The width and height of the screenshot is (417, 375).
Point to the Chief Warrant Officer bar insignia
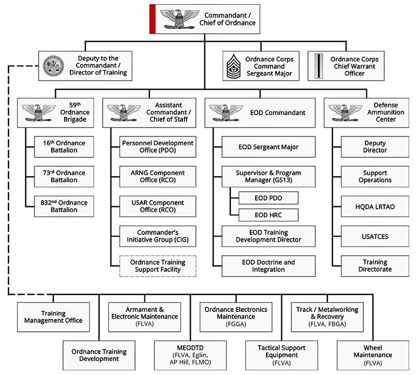pos(317,66)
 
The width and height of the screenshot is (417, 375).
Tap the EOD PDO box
pos(268,198)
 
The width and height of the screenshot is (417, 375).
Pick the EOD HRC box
pos(268,215)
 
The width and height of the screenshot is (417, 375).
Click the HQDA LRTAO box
pos(375,206)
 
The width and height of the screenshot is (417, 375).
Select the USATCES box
pos(375,236)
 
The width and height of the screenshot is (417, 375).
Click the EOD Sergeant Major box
pos(268,147)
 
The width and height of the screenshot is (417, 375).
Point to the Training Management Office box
pos(53,317)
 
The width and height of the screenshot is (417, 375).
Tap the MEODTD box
pos(190,355)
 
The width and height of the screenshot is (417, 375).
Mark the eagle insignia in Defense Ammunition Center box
pos(346,112)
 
